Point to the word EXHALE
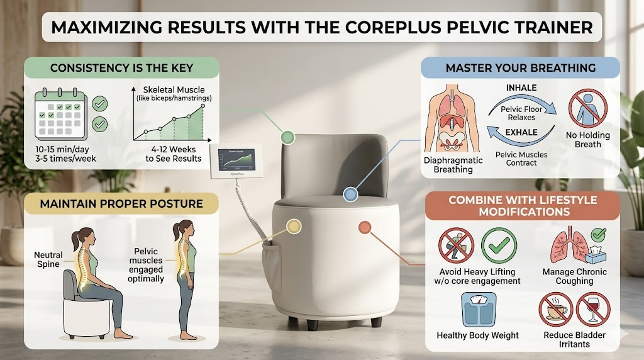click(522, 132)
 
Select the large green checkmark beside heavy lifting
click(499, 244)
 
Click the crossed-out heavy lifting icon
click(458, 245)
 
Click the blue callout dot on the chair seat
click(350, 195)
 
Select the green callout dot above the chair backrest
click(287, 136)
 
